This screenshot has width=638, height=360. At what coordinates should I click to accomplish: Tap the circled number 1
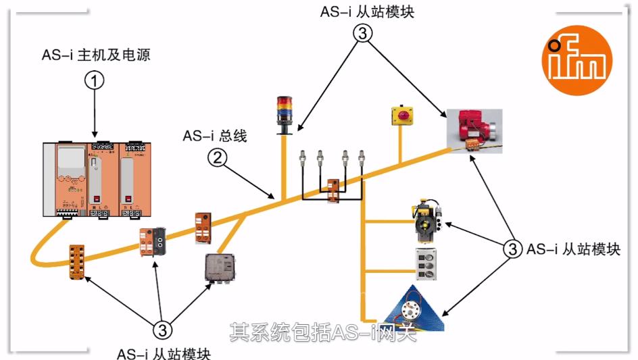[x=95, y=81]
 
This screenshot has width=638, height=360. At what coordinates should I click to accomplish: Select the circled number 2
[x=216, y=159]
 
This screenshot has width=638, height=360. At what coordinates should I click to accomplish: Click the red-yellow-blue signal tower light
[x=284, y=113]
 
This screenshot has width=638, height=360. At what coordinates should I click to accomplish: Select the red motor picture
[x=476, y=128]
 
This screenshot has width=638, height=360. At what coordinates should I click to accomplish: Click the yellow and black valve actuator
[x=427, y=218]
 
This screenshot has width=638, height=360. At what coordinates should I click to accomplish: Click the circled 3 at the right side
[x=512, y=248]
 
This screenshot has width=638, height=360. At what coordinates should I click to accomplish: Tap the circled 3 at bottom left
[x=162, y=330]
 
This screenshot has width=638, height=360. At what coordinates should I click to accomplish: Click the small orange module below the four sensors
[x=333, y=188]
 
